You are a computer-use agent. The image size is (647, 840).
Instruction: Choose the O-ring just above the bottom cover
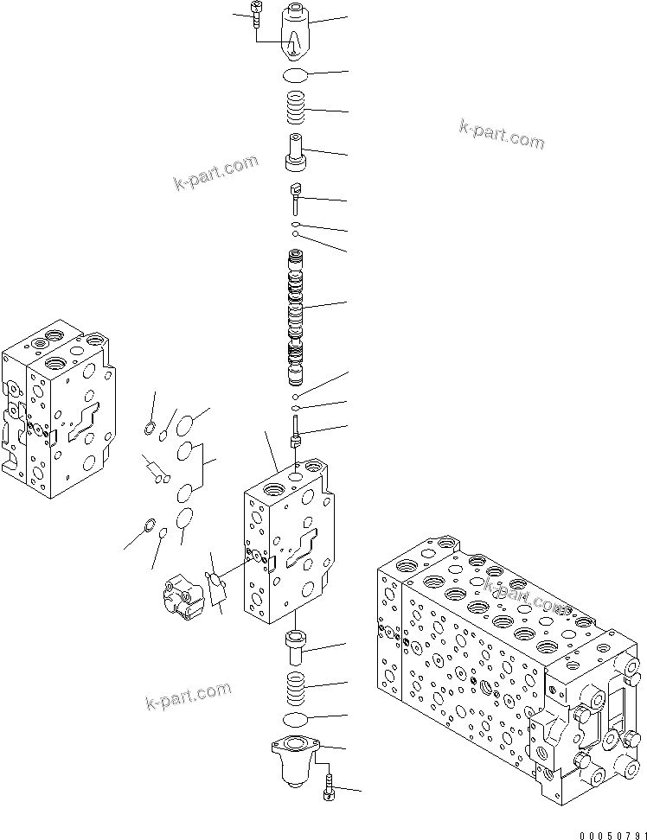(295, 719)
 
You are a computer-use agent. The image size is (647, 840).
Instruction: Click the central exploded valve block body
(285, 544)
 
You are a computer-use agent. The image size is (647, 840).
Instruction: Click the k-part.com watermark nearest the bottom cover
(189, 692)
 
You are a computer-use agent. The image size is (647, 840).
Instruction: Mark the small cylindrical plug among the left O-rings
(157, 471)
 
